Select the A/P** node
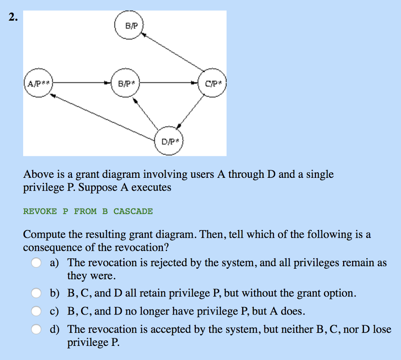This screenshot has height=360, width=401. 38,83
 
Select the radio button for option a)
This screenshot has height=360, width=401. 36,262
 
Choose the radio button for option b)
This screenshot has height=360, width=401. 36,293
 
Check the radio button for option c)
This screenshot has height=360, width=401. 36,311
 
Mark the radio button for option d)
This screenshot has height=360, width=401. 36,329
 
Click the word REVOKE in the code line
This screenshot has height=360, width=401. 40,212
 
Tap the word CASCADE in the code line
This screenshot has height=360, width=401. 133,212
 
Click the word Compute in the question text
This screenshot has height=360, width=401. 45,235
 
